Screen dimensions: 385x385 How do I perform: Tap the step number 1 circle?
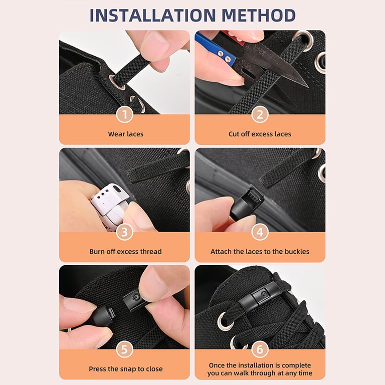[x=124, y=114]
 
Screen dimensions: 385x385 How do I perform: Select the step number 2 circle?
[x=260, y=114]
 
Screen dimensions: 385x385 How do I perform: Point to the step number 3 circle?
[x=124, y=232]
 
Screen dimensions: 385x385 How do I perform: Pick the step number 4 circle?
[x=260, y=232]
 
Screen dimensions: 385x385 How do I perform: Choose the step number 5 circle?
[x=124, y=349]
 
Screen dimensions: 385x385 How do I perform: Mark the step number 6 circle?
[x=260, y=349]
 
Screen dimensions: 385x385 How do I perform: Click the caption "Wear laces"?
[x=125, y=134]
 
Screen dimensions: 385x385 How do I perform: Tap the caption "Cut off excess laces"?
[x=260, y=134]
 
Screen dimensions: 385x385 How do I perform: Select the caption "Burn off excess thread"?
[x=125, y=251]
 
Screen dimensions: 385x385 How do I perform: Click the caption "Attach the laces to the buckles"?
[x=260, y=251]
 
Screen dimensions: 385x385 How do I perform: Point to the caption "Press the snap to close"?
[x=125, y=369]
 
